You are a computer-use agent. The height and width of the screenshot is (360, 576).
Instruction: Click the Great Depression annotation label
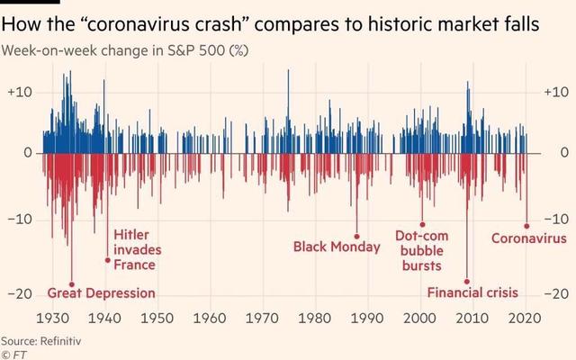pyautogui.click(x=101, y=293)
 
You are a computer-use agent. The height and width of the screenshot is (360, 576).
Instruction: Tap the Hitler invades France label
pyautogui.click(x=135, y=250)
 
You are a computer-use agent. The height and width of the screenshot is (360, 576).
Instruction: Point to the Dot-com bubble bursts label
pyautogui.click(x=421, y=250)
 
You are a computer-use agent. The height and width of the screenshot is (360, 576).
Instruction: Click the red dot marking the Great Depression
pyautogui.click(x=71, y=283)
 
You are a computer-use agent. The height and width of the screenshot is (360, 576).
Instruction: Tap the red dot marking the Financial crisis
pyautogui.click(x=467, y=282)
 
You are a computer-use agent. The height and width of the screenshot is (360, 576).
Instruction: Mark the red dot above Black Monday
pyautogui.click(x=356, y=236)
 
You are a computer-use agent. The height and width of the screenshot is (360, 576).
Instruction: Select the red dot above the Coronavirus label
pyautogui.click(x=526, y=226)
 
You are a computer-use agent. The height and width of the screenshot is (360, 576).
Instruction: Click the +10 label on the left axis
pyautogui.click(x=20, y=92)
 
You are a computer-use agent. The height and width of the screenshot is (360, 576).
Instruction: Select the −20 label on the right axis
pyautogui.click(x=555, y=294)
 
